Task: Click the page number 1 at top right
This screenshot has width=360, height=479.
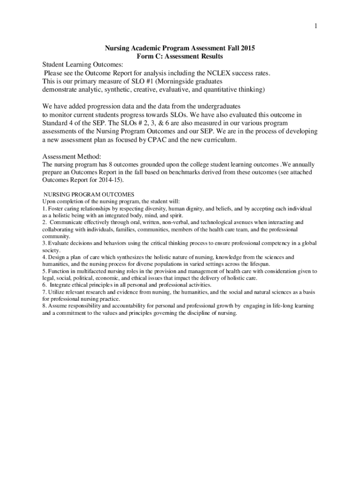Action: pyautogui.click(x=316, y=26)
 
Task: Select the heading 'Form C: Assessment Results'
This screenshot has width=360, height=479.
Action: pyautogui.click(x=180, y=56)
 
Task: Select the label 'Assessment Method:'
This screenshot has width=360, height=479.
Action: pyautogui.click(x=72, y=156)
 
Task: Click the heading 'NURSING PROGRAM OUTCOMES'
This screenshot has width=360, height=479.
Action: pyautogui.click(x=89, y=194)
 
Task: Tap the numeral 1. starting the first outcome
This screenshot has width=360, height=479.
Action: pyautogui.click(x=44, y=209)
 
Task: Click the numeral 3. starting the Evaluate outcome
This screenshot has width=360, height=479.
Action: pyautogui.click(x=44, y=243)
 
